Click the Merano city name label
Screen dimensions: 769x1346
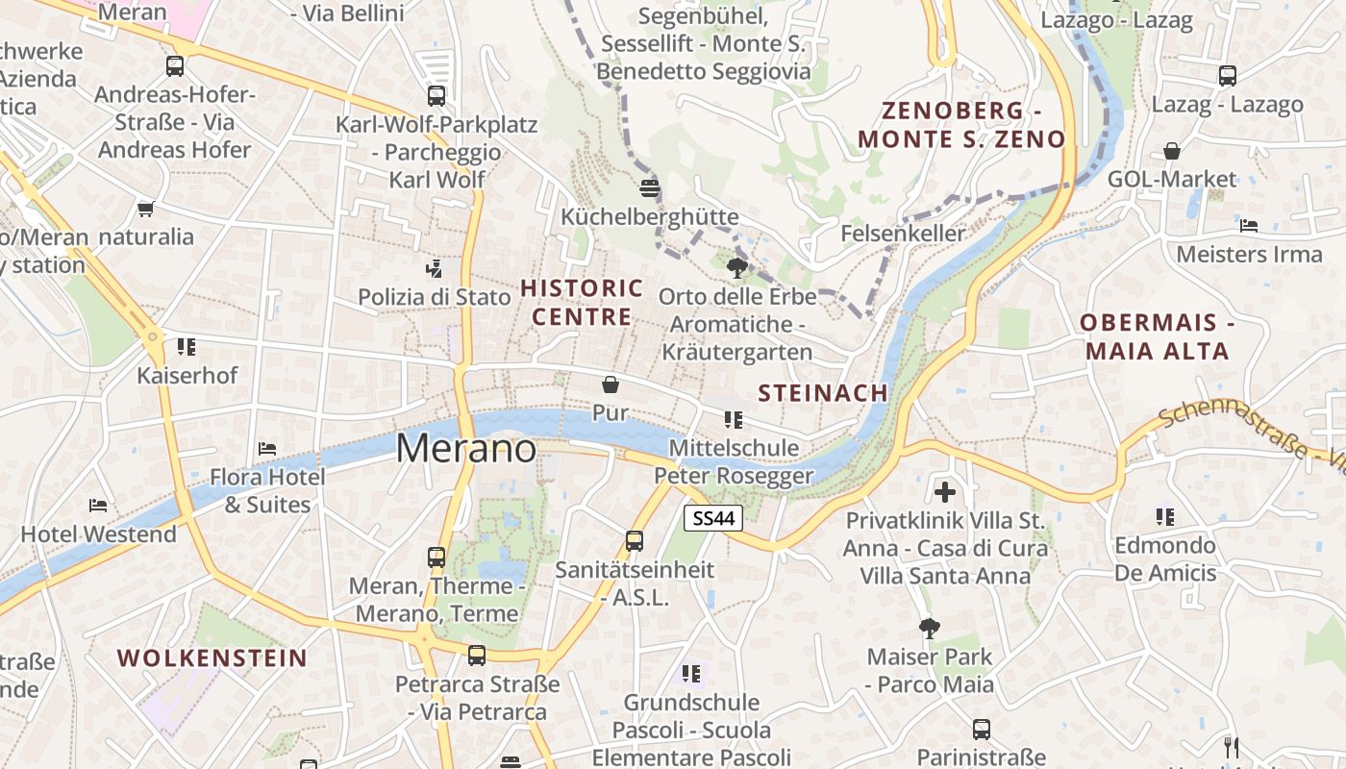pyautogui.click(x=466, y=449)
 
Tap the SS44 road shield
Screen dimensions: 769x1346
pyautogui.click(x=713, y=518)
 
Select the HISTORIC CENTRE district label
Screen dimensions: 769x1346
pyautogui.click(x=582, y=302)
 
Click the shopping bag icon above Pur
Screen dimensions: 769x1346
pyautogui.click(x=610, y=385)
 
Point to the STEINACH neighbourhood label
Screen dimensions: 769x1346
pyautogui.click(x=823, y=392)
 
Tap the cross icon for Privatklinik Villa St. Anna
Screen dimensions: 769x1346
pyautogui.click(x=945, y=492)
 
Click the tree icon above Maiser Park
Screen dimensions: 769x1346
pyautogui.click(x=929, y=629)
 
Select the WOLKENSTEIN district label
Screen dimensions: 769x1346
pyautogui.click(x=212, y=658)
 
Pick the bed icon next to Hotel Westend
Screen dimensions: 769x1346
pyautogui.click(x=97, y=506)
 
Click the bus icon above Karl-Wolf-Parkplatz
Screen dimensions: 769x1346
pyautogui.click(x=436, y=96)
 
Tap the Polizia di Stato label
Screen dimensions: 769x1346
pyautogui.click(x=435, y=297)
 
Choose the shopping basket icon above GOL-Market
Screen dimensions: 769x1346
pyautogui.click(x=1171, y=151)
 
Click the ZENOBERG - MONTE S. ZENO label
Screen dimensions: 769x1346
pyautogui.click(x=961, y=124)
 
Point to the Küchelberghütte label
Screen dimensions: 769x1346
pyautogui.click(x=650, y=217)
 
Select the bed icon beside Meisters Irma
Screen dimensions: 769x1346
pyautogui.click(x=1249, y=226)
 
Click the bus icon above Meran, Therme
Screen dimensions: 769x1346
pyautogui.click(x=436, y=558)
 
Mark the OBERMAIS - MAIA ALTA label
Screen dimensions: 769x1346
pyautogui.click(x=1157, y=336)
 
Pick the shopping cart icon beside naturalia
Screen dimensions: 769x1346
pyautogui.click(x=145, y=209)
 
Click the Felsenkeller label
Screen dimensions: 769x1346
pyautogui.click(x=902, y=234)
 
